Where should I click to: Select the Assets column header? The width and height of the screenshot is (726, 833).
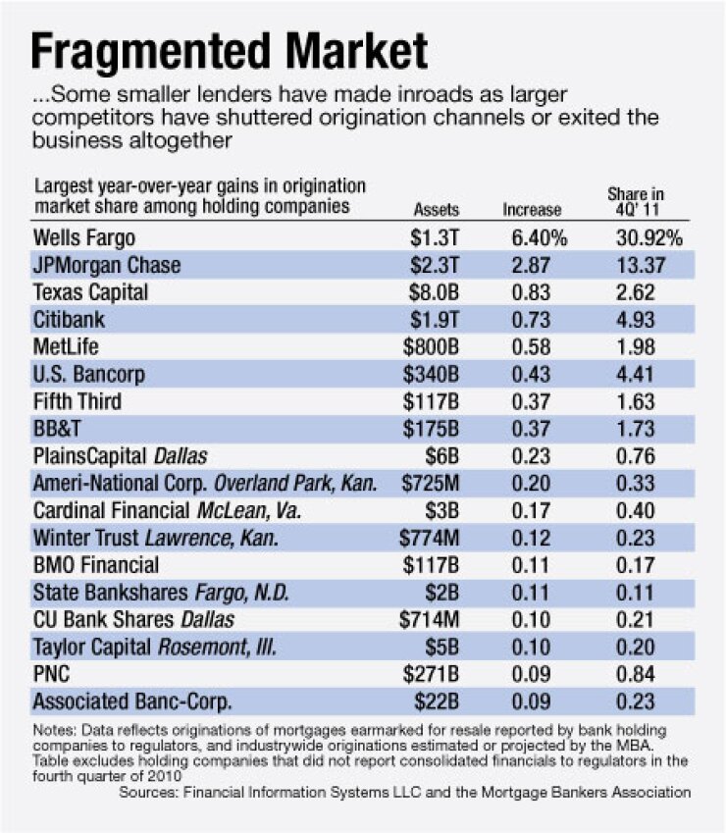(437, 209)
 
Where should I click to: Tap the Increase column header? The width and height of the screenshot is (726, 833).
(533, 209)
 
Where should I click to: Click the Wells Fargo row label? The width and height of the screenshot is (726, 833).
(83, 237)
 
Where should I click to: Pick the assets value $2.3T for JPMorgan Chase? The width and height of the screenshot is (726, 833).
(437, 265)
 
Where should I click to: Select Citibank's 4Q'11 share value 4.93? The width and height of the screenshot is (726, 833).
(648, 320)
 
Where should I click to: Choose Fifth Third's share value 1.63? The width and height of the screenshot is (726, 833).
(648, 401)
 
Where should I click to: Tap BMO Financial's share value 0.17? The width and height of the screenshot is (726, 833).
(648, 565)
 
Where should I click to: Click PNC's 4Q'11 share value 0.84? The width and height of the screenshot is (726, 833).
(648, 674)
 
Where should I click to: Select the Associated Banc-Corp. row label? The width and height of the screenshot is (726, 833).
(118, 702)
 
